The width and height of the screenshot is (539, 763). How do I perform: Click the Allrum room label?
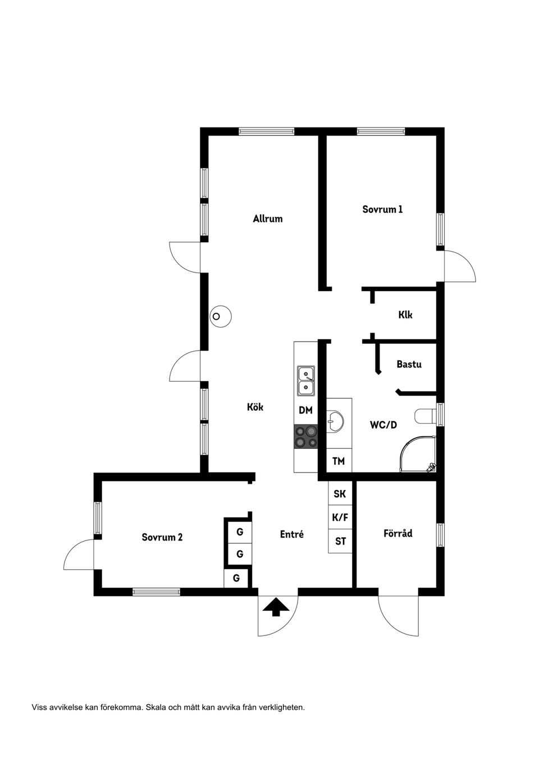click(x=267, y=219)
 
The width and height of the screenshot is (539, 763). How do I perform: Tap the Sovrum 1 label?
click(x=382, y=209)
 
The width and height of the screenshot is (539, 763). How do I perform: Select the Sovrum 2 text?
click(x=162, y=537)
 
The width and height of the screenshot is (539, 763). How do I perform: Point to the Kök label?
click(x=255, y=407)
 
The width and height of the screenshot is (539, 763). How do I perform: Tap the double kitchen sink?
click(x=306, y=380)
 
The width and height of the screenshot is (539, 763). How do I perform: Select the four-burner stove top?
click(x=306, y=437)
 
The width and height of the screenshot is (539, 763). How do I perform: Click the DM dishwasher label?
click(x=305, y=411)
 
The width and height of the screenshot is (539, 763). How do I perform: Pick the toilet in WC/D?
click(x=426, y=416)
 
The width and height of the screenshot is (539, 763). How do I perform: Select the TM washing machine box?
click(x=339, y=461)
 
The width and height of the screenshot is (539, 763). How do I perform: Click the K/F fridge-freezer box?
click(x=340, y=517)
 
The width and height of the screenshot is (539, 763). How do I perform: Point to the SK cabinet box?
click(x=340, y=494)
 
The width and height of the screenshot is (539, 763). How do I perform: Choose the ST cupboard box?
click(x=340, y=542)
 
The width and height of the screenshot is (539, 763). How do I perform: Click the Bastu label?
click(x=409, y=364)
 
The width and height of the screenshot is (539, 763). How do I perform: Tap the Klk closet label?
click(x=405, y=315)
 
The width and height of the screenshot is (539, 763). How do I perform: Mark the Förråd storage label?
click(x=398, y=533)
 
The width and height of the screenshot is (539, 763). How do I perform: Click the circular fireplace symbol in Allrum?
click(x=220, y=316)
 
